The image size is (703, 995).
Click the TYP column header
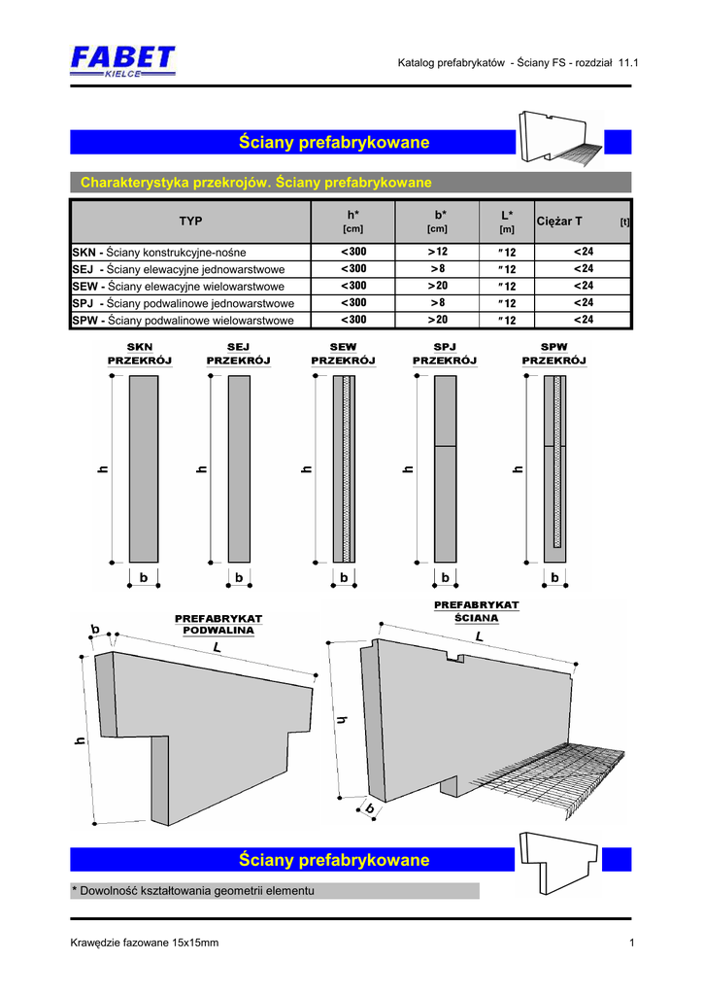(190, 222)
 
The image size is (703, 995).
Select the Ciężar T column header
(559, 222)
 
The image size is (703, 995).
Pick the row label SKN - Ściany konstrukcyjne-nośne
(160, 253)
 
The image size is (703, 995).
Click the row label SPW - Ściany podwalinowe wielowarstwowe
(184, 319)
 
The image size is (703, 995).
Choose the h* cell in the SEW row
(352, 286)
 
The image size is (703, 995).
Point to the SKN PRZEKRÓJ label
(139, 354)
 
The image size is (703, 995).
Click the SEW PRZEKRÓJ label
(343, 354)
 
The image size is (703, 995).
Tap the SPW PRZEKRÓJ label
(554, 354)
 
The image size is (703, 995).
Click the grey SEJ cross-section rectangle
(239, 467)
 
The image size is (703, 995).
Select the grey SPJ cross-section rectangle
(445, 467)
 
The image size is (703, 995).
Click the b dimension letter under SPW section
(555, 577)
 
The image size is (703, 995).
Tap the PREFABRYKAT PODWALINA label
(218, 624)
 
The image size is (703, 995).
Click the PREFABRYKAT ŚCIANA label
(476, 611)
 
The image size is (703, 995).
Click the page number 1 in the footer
(631, 943)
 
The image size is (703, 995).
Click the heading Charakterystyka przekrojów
(256, 183)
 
